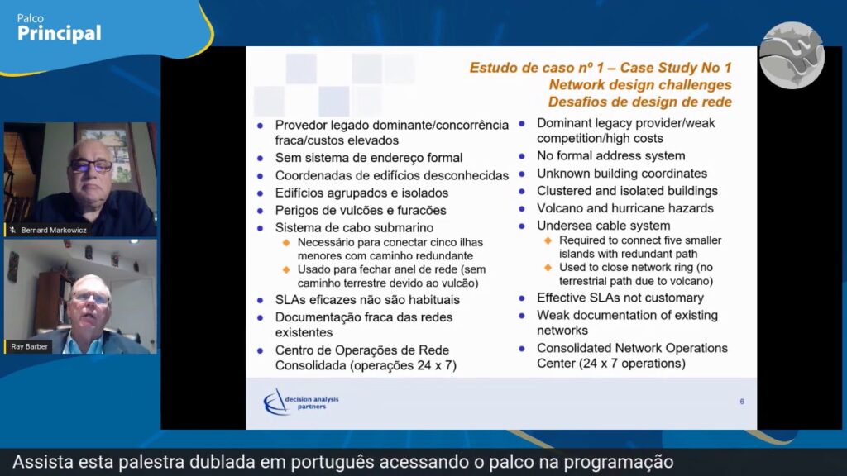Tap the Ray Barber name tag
29,346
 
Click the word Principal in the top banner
59,33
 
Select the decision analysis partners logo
301,402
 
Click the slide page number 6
742,402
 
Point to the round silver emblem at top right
792,55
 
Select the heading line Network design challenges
640,85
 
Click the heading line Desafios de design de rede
639,102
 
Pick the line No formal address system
611,156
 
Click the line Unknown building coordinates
622,174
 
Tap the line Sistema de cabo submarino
354,228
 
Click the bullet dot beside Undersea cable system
523,226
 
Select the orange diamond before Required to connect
548,240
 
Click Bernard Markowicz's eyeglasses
91,165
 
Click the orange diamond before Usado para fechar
286,270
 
